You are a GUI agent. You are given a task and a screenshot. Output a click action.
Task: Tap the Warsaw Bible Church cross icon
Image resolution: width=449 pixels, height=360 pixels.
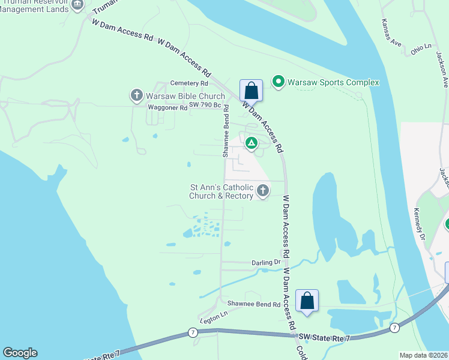tap(136, 95)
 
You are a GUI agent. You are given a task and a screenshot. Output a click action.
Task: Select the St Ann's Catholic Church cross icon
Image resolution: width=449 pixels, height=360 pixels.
tap(262, 191)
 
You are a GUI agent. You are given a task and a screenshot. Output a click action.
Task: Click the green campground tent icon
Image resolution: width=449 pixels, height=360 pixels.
tap(252, 143)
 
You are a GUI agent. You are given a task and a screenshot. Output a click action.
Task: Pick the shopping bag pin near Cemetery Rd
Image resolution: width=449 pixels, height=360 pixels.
tap(252, 91)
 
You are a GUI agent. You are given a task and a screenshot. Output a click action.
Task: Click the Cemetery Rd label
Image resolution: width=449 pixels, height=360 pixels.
tap(189, 83)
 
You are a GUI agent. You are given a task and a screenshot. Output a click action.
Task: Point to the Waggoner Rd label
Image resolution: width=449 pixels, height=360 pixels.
tap(167, 108)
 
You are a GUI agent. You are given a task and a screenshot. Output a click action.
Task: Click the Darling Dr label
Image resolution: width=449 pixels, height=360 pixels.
tap(266, 262)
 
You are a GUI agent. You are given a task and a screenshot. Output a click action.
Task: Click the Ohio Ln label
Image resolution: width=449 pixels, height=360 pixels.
tap(421, 46)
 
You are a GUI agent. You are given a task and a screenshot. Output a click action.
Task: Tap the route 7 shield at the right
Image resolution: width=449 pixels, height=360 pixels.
tap(394, 328)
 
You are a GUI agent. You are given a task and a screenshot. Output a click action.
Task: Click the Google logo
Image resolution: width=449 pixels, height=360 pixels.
tap(20, 353)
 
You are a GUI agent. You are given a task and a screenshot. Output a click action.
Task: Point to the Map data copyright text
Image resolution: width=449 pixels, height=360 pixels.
tap(423, 355)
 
